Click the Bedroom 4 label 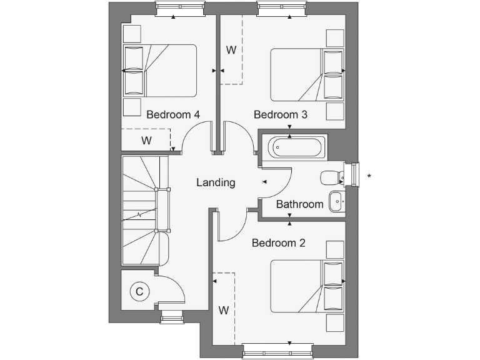(173, 115)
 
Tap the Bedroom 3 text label (281, 115)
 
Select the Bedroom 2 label (278, 242)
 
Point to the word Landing (216, 182)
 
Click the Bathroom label (300, 204)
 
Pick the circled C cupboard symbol (139, 291)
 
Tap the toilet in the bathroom (330, 177)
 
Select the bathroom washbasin (336, 201)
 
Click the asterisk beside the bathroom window (369, 176)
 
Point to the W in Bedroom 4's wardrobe (146, 141)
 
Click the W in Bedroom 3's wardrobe (231, 50)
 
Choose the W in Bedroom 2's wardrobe (223, 309)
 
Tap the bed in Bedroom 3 (307, 75)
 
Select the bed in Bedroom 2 (307, 286)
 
